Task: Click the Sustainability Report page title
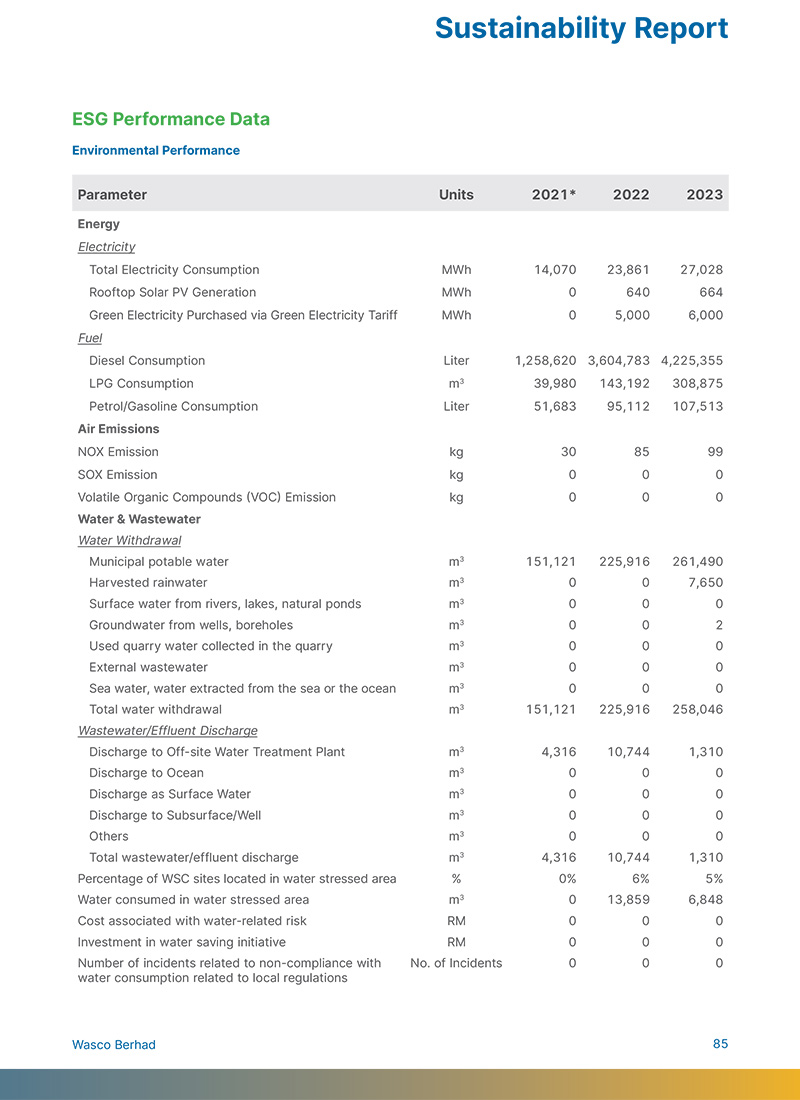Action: pyautogui.click(x=581, y=28)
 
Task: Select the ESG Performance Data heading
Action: pyautogui.click(x=171, y=119)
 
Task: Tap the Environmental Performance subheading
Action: pyautogui.click(x=156, y=151)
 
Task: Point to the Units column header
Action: pyautogui.click(x=456, y=195)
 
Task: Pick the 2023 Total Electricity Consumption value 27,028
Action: pyautogui.click(x=700, y=270)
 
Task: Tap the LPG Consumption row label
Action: pyautogui.click(x=141, y=384)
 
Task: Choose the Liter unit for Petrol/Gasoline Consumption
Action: pyautogui.click(x=456, y=407)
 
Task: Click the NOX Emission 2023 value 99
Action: pyautogui.click(x=713, y=452)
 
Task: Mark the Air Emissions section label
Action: pyautogui.click(x=118, y=429)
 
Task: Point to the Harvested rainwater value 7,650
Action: pyautogui.click(x=703, y=583)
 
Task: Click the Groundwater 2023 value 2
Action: pyautogui.click(x=719, y=625)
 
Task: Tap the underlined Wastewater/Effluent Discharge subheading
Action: pyautogui.click(x=168, y=731)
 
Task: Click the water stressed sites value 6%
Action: pyautogui.click(x=641, y=879)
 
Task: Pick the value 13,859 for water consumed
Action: pyautogui.click(x=628, y=900)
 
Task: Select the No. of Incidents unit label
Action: pyautogui.click(x=456, y=963)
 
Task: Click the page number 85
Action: pyautogui.click(x=720, y=1044)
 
